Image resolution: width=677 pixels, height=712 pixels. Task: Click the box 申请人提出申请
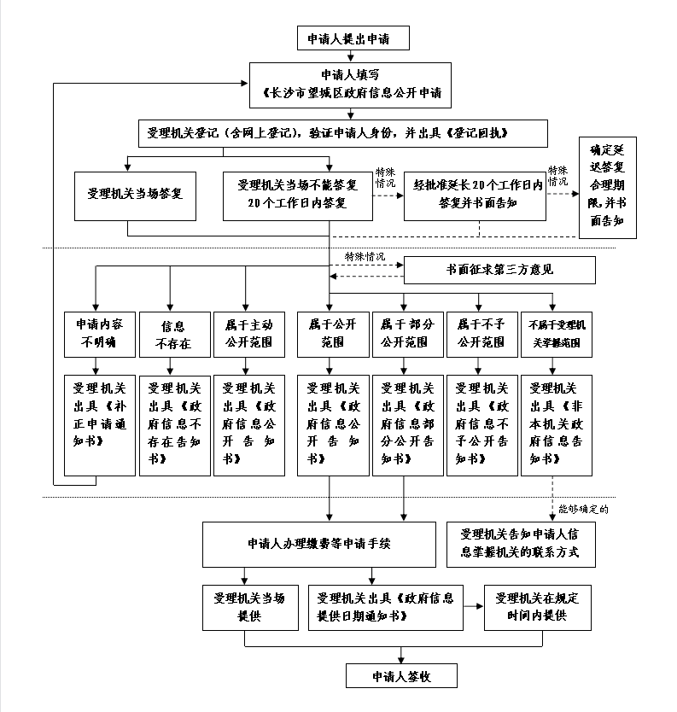pos(353,38)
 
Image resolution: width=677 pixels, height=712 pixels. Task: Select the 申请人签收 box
pos(400,676)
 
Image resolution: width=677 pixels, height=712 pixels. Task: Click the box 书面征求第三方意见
pos(499,271)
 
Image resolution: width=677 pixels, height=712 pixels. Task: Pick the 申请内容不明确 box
pos(99,334)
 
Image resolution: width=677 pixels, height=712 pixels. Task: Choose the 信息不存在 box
pos(173,334)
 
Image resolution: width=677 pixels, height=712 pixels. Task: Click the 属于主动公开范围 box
pos(248,334)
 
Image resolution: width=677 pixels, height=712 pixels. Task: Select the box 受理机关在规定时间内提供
pos(537,607)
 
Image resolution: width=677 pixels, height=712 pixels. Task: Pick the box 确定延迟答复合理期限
pos(607,187)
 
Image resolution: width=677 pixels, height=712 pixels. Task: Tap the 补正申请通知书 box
pos(99,423)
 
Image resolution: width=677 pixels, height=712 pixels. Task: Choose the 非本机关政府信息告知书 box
pos(554,423)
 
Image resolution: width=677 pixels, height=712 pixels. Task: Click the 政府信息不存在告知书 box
pos(173,423)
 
